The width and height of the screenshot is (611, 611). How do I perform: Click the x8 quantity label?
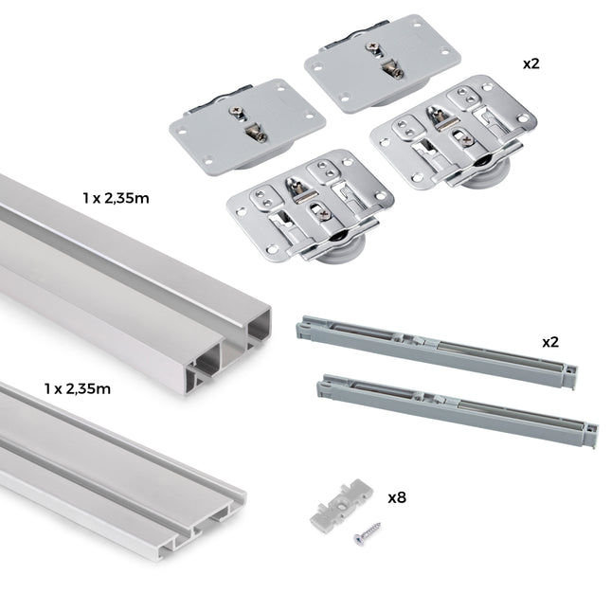click(x=398, y=497)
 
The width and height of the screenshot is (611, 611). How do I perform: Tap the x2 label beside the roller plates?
click(x=532, y=63)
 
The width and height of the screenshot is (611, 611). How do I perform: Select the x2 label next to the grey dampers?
click(x=550, y=341)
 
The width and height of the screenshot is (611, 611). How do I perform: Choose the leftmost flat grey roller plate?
click(x=246, y=124)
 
